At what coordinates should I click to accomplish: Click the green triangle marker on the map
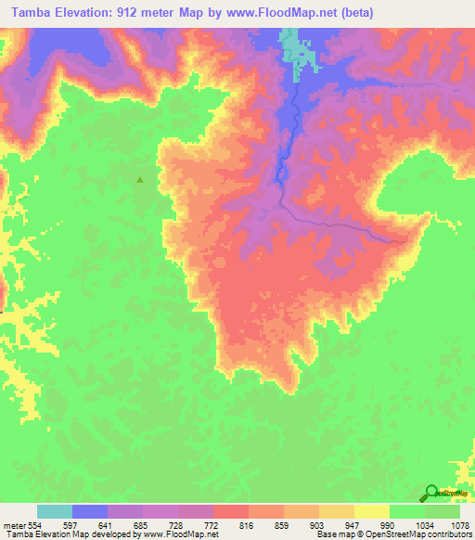pos(140,180)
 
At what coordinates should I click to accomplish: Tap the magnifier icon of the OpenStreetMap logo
pos(432,492)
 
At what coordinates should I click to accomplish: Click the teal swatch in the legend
pos(55,511)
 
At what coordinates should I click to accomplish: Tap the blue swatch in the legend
pos(90,511)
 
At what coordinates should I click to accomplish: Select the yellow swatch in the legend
pos(371,511)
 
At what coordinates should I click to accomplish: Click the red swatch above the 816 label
pos(231,511)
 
